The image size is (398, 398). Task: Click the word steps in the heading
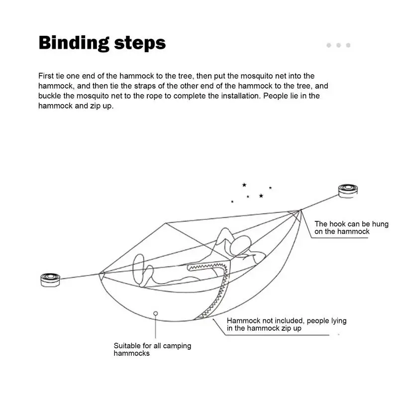(140, 44)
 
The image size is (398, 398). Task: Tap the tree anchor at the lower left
(50, 280)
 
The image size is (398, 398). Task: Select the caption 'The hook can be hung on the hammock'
(351, 228)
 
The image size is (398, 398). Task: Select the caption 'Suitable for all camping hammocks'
(152, 349)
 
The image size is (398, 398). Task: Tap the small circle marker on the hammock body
(156, 313)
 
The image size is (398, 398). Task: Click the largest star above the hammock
(261, 196)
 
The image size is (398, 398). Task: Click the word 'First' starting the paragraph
(47, 76)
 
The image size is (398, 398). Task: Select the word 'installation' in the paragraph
(236, 96)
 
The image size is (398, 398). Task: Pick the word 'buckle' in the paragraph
(50, 96)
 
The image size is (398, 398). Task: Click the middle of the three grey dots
(338, 45)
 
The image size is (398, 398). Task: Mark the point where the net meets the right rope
(300, 210)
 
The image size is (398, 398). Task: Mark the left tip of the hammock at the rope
(100, 273)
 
